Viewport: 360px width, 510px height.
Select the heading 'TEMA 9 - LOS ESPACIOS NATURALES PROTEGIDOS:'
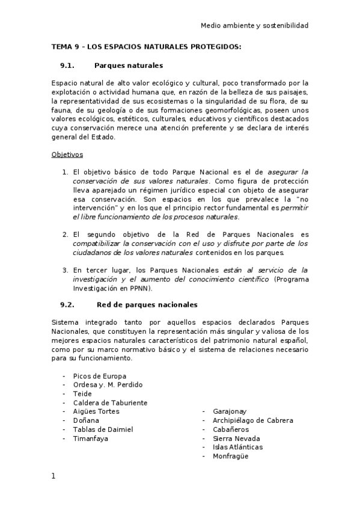tap(146, 47)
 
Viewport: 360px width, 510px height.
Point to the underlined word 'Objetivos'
tap(67, 154)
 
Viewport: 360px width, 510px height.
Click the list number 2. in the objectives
tap(66, 235)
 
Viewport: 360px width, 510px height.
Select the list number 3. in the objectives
tap(66, 269)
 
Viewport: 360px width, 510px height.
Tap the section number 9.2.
tap(67, 305)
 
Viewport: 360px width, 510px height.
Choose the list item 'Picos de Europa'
tap(99, 376)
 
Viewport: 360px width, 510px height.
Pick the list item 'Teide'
tap(82, 394)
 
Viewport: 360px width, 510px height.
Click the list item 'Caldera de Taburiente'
tap(110, 402)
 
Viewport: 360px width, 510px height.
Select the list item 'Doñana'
tap(86, 420)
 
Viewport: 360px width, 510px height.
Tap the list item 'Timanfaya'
tap(91, 438)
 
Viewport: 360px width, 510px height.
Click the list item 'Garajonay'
tap(230, 411)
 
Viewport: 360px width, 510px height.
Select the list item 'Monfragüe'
tap(230, 456)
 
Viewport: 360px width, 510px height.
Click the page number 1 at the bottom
tap(53, 476)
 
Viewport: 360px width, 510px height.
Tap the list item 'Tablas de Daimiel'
tap(103, 429)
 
